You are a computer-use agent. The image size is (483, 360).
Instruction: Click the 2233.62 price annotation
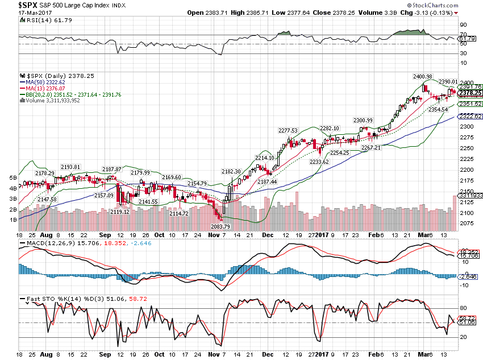click(x=319, y=162)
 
